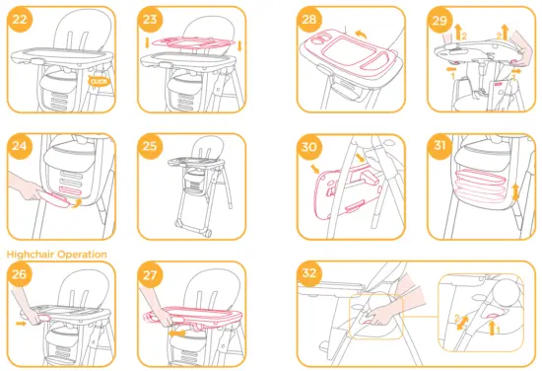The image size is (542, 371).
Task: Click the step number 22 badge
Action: coord(19,19)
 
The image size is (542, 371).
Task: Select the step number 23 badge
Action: coord(150,19)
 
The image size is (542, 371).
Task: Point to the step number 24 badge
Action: coord(19,146)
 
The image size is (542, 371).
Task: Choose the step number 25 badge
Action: coord(150,146)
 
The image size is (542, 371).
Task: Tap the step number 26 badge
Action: coord(19,275)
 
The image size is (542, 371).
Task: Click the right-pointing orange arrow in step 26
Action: coord(22,322)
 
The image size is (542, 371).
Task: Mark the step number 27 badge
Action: coord(150,275)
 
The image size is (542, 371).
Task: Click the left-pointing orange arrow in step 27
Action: coord(176,334)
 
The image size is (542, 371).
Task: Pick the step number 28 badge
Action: coord(311,19)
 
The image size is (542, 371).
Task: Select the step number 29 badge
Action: coord(440,19)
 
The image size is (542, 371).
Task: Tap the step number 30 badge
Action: coord(311,146)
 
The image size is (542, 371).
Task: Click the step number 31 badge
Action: coord(440,146)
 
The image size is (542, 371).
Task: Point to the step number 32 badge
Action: coord(311,275)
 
